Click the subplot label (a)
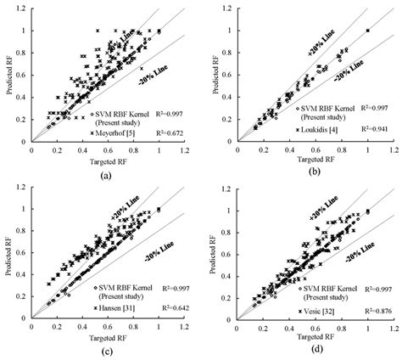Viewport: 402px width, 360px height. (x=104, y=174)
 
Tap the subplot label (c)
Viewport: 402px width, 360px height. (x=104, y=351)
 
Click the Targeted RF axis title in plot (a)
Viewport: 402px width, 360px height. (x=104, y=159)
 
